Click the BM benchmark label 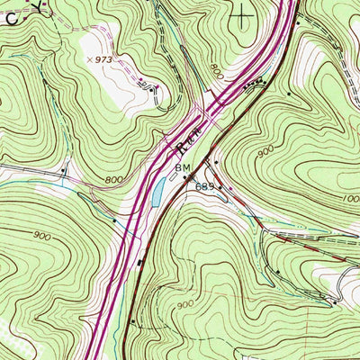coord(183,168)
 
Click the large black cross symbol coord(243,13)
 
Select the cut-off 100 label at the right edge coord(350,198)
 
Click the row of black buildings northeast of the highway coord(257,83)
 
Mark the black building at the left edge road coord(64,168)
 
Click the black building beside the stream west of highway coord(114,219)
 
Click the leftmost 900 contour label coord(40,235)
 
